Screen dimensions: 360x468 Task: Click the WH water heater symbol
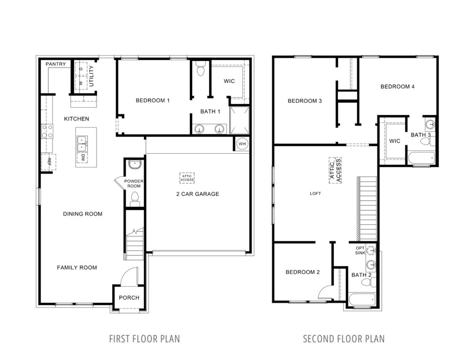pos(241,144)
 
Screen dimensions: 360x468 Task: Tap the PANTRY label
pos(56,64)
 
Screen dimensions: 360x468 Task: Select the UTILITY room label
pos(91,76)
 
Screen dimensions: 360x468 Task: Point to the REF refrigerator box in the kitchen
pos(49,161)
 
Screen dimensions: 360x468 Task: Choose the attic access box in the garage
pos(187,177)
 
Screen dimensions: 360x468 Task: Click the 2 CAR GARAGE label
pos(197,194)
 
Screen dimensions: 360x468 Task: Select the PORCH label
pos(129,297)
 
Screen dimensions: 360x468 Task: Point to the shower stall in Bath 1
pos(240,120)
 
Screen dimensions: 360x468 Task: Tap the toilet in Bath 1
pos(201,69)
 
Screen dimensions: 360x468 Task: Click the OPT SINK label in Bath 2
pos(360,250)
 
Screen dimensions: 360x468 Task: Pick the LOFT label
pos(315,194)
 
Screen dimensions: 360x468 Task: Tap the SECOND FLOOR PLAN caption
pos(343,339)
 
